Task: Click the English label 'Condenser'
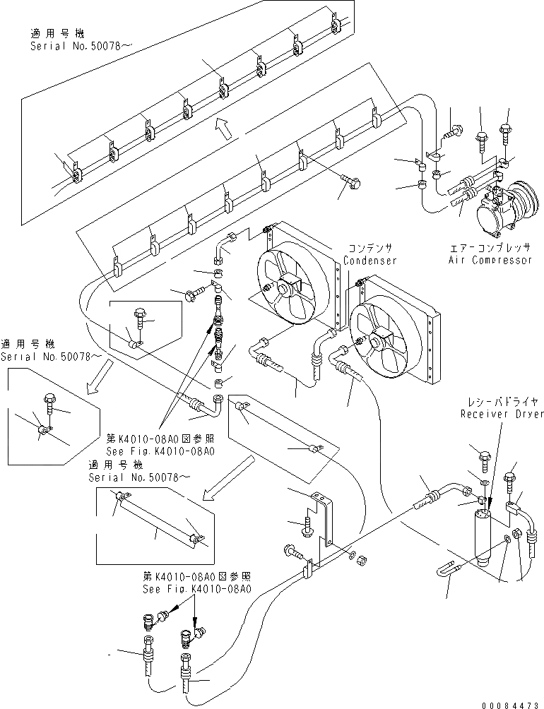(369, 261)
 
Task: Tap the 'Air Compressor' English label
(490, 260)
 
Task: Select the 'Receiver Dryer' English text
(502, 414)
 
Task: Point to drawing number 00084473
(512, 705)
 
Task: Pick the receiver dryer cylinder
(485, 537)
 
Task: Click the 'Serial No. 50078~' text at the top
(76, 46)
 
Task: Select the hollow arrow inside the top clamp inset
(225, 128)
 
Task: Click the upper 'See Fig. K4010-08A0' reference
(160, 451)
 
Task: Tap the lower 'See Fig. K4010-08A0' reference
(196, 589)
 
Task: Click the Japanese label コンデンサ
(370, 249)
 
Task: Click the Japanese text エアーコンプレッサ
(490, 248)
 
